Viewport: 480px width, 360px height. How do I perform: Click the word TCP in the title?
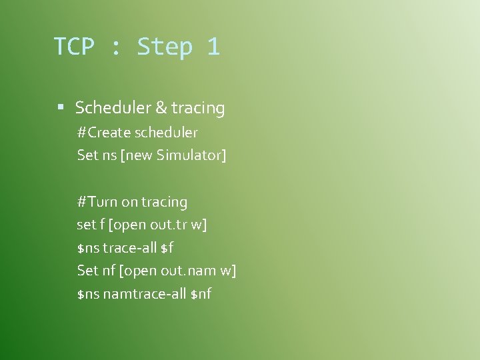74,47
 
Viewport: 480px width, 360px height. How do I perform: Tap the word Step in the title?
164,47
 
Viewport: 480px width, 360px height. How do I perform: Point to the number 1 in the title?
213,47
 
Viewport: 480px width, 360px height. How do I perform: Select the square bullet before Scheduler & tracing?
61,107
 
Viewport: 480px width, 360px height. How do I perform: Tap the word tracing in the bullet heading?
198,108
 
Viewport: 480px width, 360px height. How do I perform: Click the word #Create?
104,133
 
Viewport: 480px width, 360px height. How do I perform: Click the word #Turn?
97,202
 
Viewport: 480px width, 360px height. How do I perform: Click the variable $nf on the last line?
201,293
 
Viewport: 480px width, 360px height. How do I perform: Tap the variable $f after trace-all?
167,248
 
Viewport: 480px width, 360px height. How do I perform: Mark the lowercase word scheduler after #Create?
166,133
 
